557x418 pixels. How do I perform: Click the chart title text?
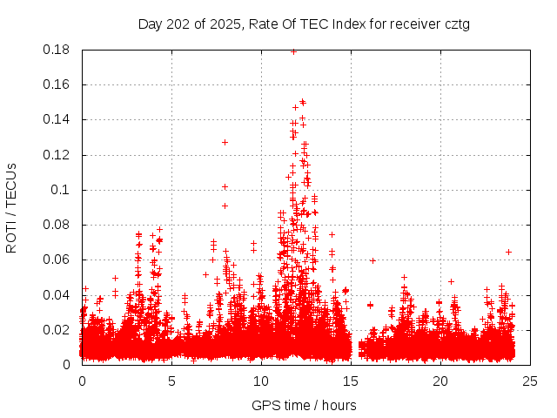tap(304, 24)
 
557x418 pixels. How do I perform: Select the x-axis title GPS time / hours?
tap(304, 405)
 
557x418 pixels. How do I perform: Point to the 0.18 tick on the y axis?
tap(57, 50)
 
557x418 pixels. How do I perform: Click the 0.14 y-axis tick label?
tap(57, 119)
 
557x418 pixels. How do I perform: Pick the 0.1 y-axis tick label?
tap(63, 190)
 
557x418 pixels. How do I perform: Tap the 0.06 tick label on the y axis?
tap(57, 260)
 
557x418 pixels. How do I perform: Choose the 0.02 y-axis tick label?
tap(57, 329)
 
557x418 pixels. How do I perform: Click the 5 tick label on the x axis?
tap(171, 381)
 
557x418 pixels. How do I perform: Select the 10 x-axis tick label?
tap(261, 381)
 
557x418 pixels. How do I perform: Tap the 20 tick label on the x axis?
tap(440, 381)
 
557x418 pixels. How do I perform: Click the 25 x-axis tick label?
tap(530, 381)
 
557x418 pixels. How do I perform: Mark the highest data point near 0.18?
tap(293, 51)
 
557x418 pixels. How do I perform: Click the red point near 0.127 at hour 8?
tap(225, 142)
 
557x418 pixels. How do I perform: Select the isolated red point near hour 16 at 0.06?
tap(372, 260)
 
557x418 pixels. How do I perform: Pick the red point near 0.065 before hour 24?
tap(508, 252)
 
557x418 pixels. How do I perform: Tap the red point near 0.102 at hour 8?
tap(225, 186)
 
